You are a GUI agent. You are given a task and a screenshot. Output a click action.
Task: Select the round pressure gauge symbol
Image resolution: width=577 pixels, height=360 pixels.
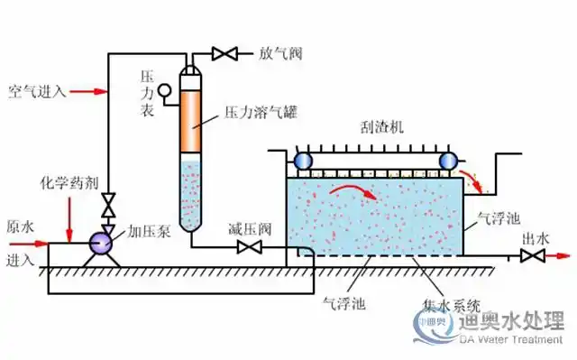point(165,90)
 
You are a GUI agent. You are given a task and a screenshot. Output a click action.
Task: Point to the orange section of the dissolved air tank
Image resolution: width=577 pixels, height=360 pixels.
point(191,118)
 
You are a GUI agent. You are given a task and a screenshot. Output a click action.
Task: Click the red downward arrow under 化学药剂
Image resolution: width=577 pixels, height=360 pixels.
point(69,217)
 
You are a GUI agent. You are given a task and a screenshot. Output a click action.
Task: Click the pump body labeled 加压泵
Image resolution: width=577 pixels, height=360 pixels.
point(99,242)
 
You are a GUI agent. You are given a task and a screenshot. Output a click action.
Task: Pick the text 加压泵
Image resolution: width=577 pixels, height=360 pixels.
point(142,232)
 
